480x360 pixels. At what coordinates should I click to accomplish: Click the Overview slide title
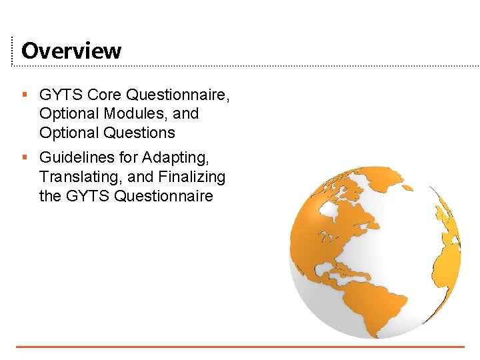(71, 51)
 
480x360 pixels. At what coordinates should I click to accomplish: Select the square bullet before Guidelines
(24, 158)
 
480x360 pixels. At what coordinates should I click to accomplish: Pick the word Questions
(139, 133)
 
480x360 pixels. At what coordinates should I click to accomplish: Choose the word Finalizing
(192, 177)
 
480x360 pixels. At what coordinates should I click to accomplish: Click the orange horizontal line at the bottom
(240, 347)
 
